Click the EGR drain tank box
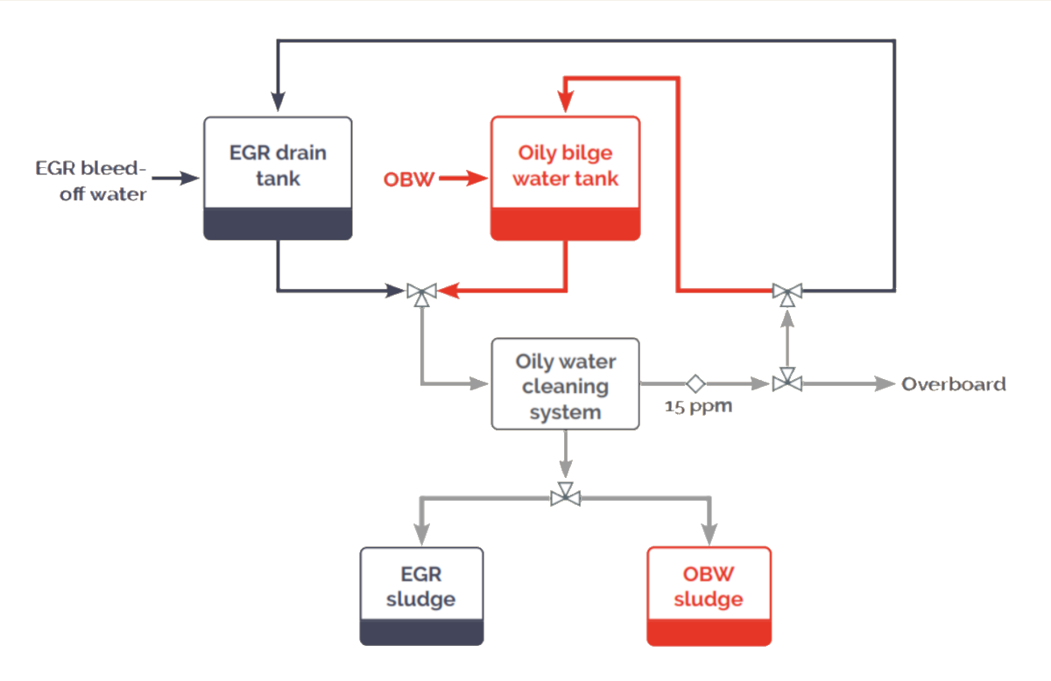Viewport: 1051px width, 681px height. pyautogui.click(x=278, y=166)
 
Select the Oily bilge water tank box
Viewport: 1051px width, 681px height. pyautogui.click(x=565, y=166)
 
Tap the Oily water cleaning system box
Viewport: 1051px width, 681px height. pyautogui.click(x=565, y=384)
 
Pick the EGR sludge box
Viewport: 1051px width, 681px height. pyautogui.click(x=421, y=587)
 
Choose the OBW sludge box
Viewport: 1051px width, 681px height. pyautogui.click(x=709, y=587)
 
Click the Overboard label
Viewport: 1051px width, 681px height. pyautogui.click(x=954, y=383)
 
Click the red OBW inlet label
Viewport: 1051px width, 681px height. pyautogui.click(x=408, y=179)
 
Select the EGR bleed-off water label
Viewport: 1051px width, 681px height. pyautogui.click(x=91, y=180)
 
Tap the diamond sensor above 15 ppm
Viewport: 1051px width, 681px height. pyautogui.click(x=695, y=383)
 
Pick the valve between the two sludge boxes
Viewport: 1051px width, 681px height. pyautogui.click(x=565, y=496)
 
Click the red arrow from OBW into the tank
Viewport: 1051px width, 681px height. pyautogui.click(x=462, y=179)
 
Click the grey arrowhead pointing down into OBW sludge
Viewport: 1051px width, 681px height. pyautogui.click(x=709, y=535)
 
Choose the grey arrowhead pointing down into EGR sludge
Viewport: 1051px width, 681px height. pyautogui.click(x=421, y=535)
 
